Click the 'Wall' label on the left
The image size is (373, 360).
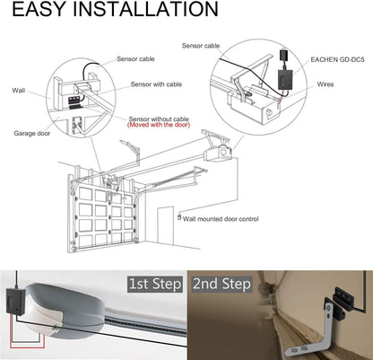coord(19,91)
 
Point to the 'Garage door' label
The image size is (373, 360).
coord(31,133)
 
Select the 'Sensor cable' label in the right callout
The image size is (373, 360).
coord(201,44)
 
